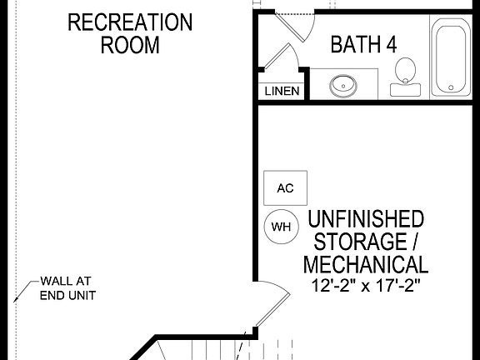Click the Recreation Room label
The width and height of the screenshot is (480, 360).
click(129, 33)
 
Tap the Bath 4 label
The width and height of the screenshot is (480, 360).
click(363, 44)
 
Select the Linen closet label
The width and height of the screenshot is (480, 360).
click(282, 91)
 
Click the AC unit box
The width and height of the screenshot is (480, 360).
click(285, 188)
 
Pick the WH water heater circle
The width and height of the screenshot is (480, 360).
click(280, 226)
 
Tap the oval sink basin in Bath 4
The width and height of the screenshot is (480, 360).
click(342, 84)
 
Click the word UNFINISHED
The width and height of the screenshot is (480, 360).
click(366, 220)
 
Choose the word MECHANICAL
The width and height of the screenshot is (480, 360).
click(366, 266)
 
